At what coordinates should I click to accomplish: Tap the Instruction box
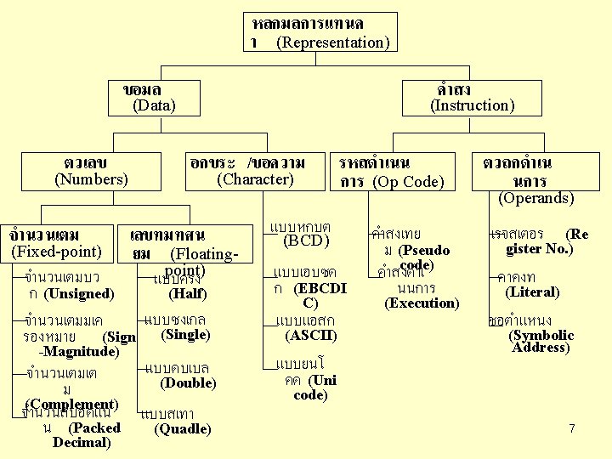471,98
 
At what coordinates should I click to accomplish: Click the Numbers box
91,171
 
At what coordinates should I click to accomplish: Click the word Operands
535,198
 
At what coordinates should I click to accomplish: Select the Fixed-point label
56,252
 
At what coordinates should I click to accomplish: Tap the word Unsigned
79,294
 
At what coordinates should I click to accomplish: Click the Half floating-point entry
188,294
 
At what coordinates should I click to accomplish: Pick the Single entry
185,335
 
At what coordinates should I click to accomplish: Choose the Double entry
188,383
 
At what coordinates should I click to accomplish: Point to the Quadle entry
183,429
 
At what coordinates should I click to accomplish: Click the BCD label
305,242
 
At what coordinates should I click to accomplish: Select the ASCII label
311,336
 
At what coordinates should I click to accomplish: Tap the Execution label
422,303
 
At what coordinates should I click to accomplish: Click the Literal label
532,292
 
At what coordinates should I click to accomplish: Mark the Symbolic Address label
541,341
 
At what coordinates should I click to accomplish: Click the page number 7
572,428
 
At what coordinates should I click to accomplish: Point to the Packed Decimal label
82,435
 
